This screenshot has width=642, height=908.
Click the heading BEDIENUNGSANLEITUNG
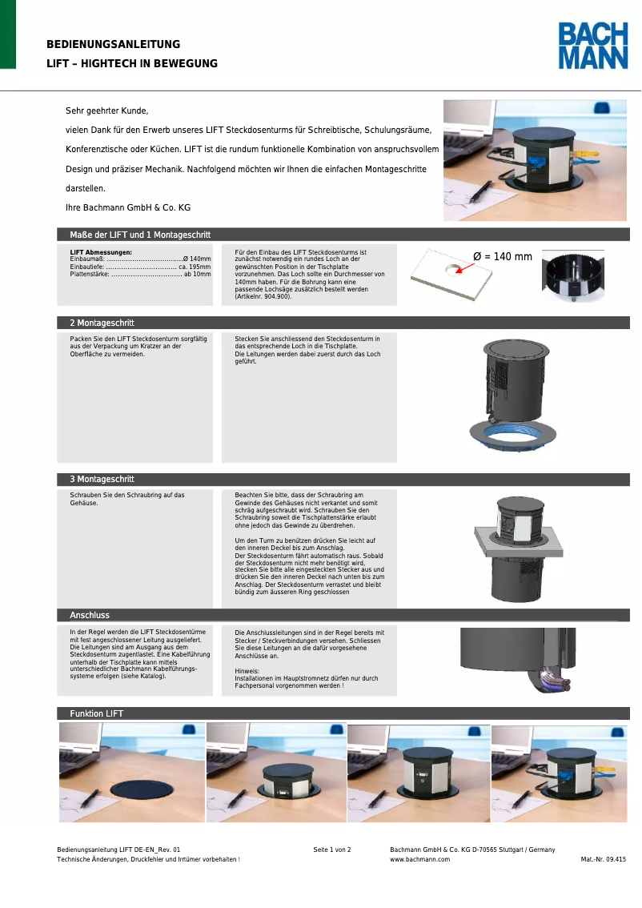click(x=113, y=45)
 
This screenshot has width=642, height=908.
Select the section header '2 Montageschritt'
click(x=102, y=323)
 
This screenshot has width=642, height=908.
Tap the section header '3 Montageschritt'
click(x=102, y=480)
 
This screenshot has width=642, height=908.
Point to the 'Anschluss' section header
click(x=90, y=616)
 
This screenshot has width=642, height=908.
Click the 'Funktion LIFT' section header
click(x=96, y=713)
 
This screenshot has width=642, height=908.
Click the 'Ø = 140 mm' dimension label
click(x=502, y=257)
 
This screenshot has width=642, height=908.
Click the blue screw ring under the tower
click(x=514, y=437)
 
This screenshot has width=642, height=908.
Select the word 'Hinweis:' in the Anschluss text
click(x=247, y=671)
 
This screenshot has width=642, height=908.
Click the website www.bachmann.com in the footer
click(x=419, y=859)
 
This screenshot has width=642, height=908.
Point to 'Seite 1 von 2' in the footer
click(x=331, y=850)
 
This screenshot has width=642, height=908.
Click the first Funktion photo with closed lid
click(x=131, y=772)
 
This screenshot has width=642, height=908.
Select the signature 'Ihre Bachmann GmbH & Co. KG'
click(x=127, y=207)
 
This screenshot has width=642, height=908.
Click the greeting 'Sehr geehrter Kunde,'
click(x=106, y=111)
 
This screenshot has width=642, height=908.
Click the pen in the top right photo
click(x=481, y=191)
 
